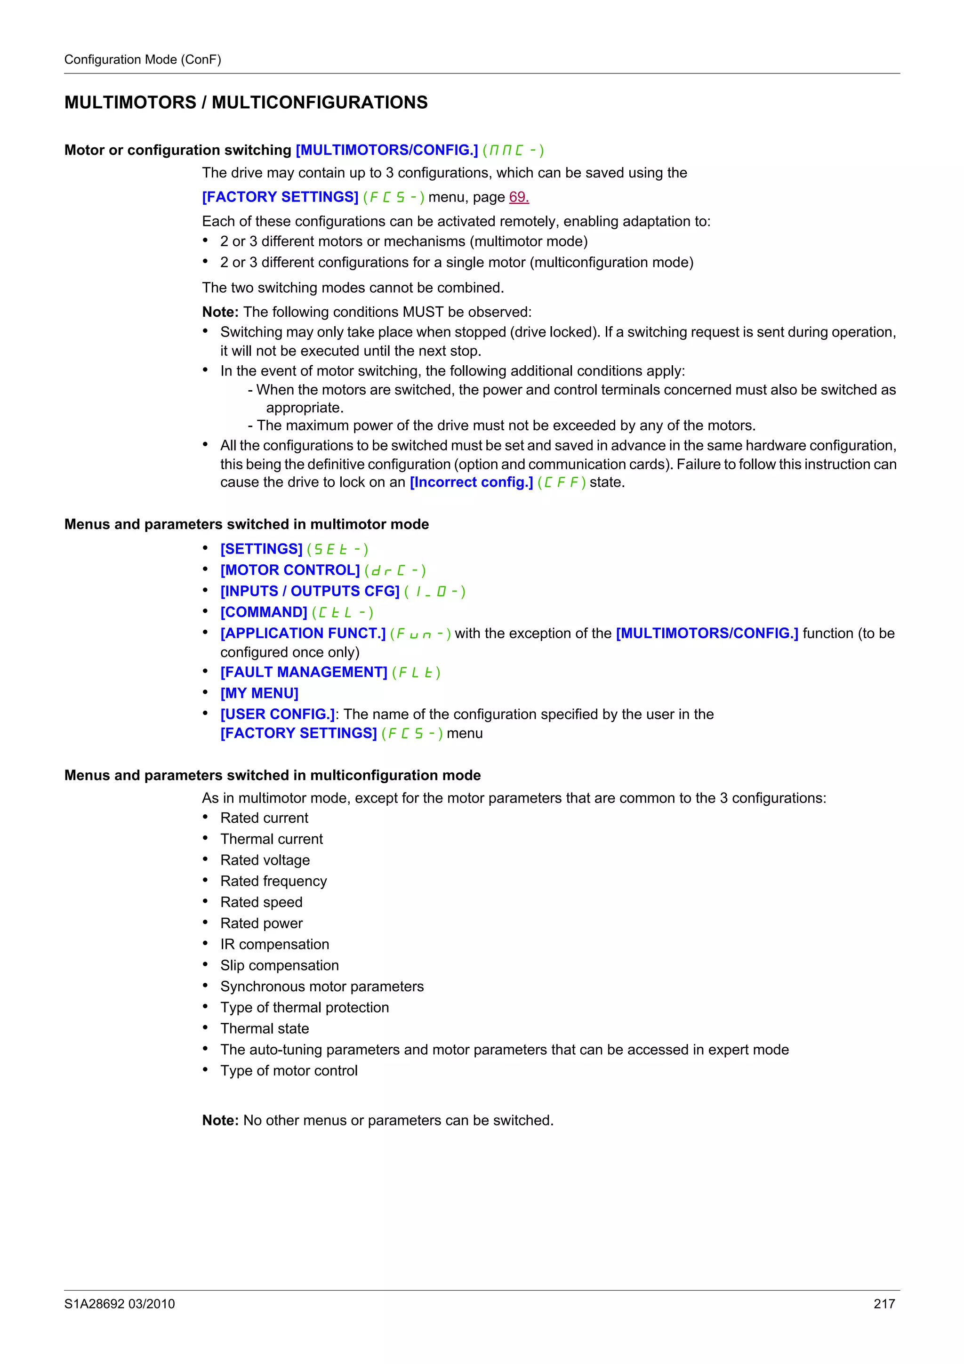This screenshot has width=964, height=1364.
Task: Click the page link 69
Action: pos(519,197)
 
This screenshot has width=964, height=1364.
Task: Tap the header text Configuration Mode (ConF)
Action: pos(143,59)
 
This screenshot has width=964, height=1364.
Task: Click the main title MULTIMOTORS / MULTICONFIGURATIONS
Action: pos(246,102)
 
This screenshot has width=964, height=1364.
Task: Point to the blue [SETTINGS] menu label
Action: pos(261,549)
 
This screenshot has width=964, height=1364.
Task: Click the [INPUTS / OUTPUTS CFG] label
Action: pos(309,591)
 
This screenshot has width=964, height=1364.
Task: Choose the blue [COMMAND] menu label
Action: pos(264,612)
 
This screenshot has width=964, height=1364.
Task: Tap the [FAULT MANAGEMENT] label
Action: pos(304,672)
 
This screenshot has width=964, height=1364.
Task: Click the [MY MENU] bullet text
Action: pos(259,693)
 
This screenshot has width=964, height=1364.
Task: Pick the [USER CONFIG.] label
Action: pos(277,714)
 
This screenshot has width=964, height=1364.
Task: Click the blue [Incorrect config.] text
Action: pos(471,482)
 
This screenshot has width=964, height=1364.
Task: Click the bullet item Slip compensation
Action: pos(279,965)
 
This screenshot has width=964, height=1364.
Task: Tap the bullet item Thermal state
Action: pos(265,1028)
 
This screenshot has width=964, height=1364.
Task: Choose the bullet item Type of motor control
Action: pos(289,1070)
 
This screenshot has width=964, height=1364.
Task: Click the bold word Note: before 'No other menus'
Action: pos(220,1120)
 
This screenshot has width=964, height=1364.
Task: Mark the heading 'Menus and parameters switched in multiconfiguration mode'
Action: pos(272,775)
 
